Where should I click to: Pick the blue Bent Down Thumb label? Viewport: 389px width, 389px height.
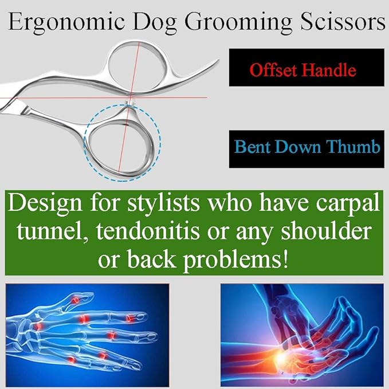[307, 148]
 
